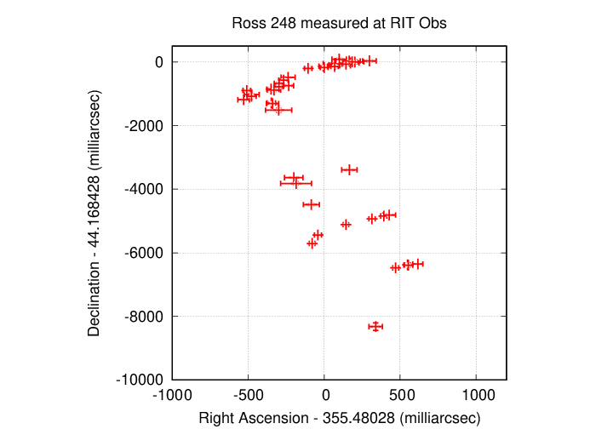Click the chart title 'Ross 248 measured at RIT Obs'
point(339,24)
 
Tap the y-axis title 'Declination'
point(95,212)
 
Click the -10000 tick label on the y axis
point(143,380)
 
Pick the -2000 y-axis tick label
point(147,126)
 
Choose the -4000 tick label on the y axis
point(147,189)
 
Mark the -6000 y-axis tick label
point(147,253)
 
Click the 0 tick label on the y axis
point(158,62)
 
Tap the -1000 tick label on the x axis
point(171,396)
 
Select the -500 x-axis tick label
point(248,396)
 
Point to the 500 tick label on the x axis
point(400,396)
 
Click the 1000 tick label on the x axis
point(477,396)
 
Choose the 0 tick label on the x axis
point(324,396)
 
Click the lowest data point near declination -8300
point(375,326)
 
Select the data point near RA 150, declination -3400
point(348,169)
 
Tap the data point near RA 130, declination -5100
point(346,225)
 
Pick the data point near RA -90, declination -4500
point(311,204)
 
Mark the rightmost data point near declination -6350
point(417,264)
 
